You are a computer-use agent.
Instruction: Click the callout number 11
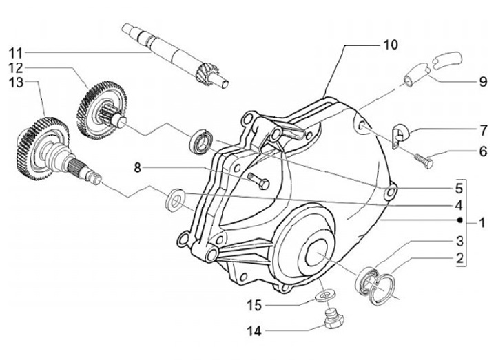(x=16, y=53)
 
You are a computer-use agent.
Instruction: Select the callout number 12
(x=16, y=68)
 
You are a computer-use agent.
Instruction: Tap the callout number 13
(x=16, y=83)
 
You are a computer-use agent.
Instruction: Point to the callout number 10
(x=390, y=45)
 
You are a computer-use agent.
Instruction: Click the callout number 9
(x=483, y=82)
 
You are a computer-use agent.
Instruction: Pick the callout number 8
(x=137, y=167)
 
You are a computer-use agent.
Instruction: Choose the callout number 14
(x=254, y=331)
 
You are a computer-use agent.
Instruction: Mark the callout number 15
(x=254, y=306)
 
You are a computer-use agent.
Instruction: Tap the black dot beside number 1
(x=460, y=220)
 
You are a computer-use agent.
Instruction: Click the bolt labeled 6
(x=424, y=160)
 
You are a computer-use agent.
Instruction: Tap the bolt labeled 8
(x=258, y=181)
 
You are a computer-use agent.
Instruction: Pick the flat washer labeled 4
(x=175, y=200)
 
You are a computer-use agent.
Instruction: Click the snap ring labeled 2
(x=382, y=290)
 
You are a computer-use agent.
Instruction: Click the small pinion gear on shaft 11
(x=209, y=73)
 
